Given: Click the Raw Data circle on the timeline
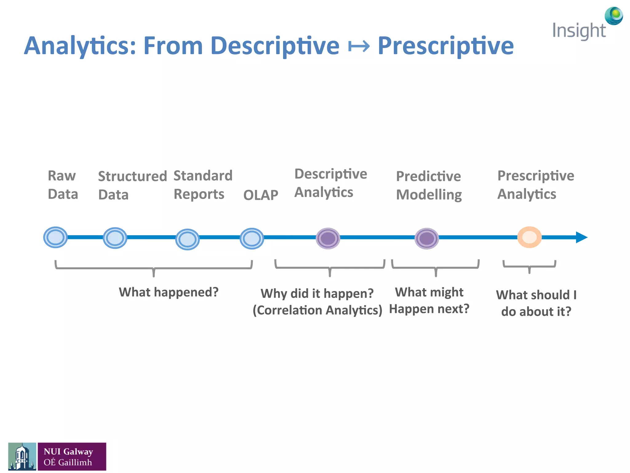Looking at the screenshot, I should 55,237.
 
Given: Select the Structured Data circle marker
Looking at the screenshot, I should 115,238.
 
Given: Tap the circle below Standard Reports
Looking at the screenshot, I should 187,239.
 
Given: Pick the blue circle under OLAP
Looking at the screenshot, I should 252,238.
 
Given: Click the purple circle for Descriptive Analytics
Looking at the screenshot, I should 328,238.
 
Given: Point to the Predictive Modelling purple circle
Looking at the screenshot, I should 427,238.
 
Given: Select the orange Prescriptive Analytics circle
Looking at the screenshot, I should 529,237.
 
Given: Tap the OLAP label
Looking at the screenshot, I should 261,195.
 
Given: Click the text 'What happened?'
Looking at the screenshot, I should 169,292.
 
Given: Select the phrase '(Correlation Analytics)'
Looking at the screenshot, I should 317,310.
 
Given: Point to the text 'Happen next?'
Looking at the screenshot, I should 429,309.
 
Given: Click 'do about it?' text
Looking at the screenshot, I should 536,312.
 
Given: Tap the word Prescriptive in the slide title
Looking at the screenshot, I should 445,46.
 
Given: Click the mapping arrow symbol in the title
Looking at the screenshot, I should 359,46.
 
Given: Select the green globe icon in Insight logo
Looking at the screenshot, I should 614,15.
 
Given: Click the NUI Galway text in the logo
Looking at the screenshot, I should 68,451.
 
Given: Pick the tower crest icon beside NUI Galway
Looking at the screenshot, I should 22,456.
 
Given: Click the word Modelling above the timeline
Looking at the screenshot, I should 429,195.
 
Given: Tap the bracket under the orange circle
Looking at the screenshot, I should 529,265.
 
